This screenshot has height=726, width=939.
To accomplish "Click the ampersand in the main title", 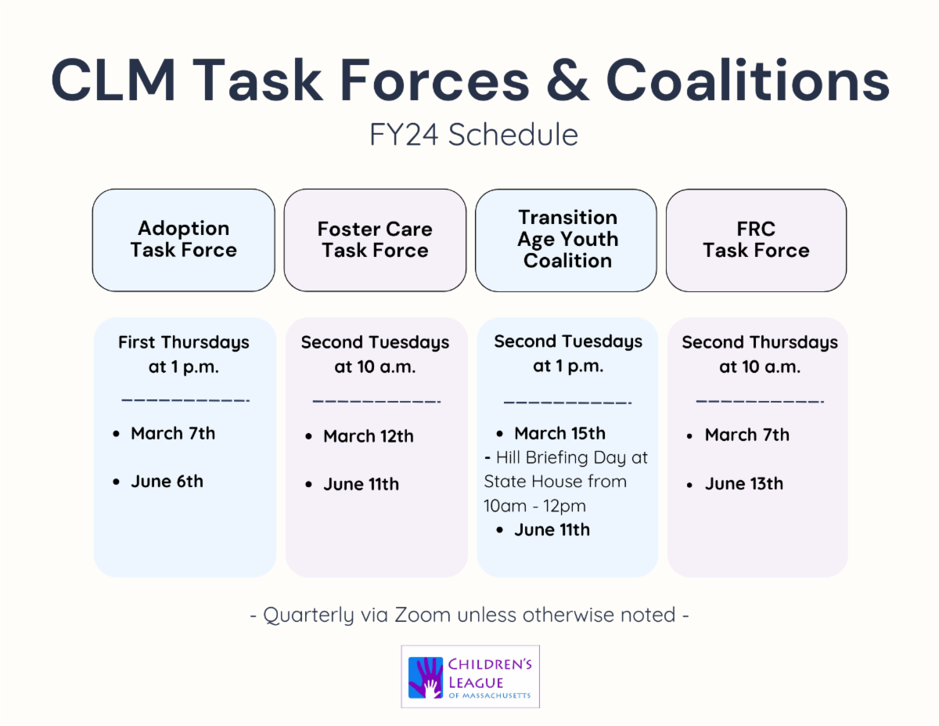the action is click(x=567, y=81).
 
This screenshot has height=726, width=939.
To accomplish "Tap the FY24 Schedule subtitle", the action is click(x=473, y=135).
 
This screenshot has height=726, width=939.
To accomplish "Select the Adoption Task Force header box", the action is click(x=184, y=240).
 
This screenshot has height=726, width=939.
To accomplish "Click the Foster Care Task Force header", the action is click(x=375, y=240).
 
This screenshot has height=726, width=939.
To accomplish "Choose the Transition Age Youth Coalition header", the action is click(x=566, y=240).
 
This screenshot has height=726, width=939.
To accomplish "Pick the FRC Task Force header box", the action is click(x=756, y=240).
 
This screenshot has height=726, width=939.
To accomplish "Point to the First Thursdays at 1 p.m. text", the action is click(x=184, y=354).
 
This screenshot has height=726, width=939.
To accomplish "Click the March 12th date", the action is click(x=369, y=436).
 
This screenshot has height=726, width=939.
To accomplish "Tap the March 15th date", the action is click(x=559, y=433).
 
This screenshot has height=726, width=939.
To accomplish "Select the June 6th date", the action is click(x=167, y=482).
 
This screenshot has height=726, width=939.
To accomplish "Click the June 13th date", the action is click(x=743, y=483).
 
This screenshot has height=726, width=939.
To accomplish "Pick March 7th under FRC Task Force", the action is click(x=747, y=435).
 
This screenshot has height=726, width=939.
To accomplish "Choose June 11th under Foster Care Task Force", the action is click(x=361, y=484).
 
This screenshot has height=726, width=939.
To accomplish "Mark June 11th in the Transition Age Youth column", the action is click(x=552, y=529).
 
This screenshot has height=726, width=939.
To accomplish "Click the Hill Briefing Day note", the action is click(x=566, y=482).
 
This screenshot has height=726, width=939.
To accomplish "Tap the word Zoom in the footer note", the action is click(x=423, y=615).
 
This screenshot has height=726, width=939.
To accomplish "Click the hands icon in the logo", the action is click(x=426, y=677).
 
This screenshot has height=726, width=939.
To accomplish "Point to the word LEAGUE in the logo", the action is click(x=475, y=683).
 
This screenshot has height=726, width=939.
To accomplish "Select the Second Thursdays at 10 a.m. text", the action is click(x=760, y=354).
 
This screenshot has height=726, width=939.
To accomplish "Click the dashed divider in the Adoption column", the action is click(x=185, y=400).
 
